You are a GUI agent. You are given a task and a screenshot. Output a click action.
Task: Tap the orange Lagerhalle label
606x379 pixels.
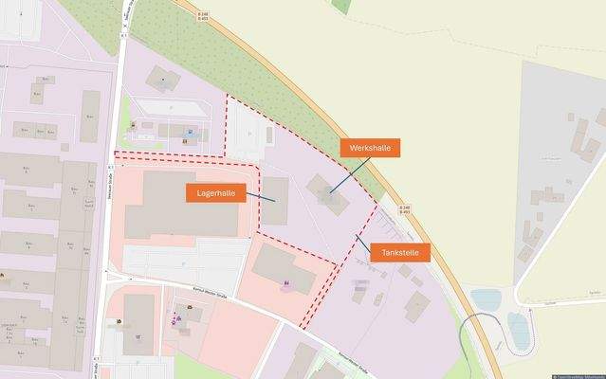tap(215, 192)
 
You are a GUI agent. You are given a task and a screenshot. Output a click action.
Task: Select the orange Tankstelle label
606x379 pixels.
tap(400, 252)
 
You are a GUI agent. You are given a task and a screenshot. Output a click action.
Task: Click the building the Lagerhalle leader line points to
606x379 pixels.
tap(275, 201)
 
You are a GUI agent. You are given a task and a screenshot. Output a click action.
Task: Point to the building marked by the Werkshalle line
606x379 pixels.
tap(327, 189)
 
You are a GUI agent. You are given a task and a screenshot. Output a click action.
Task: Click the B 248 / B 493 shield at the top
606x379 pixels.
tap(203, 16)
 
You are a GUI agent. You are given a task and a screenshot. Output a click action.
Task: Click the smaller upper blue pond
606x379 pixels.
tap(487, 300)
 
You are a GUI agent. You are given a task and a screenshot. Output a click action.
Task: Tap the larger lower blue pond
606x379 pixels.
tap(520, 330)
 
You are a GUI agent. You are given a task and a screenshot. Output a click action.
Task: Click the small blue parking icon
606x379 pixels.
tap(191, 132)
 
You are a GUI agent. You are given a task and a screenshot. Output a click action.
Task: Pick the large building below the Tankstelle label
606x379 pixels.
tap(416, 305)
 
